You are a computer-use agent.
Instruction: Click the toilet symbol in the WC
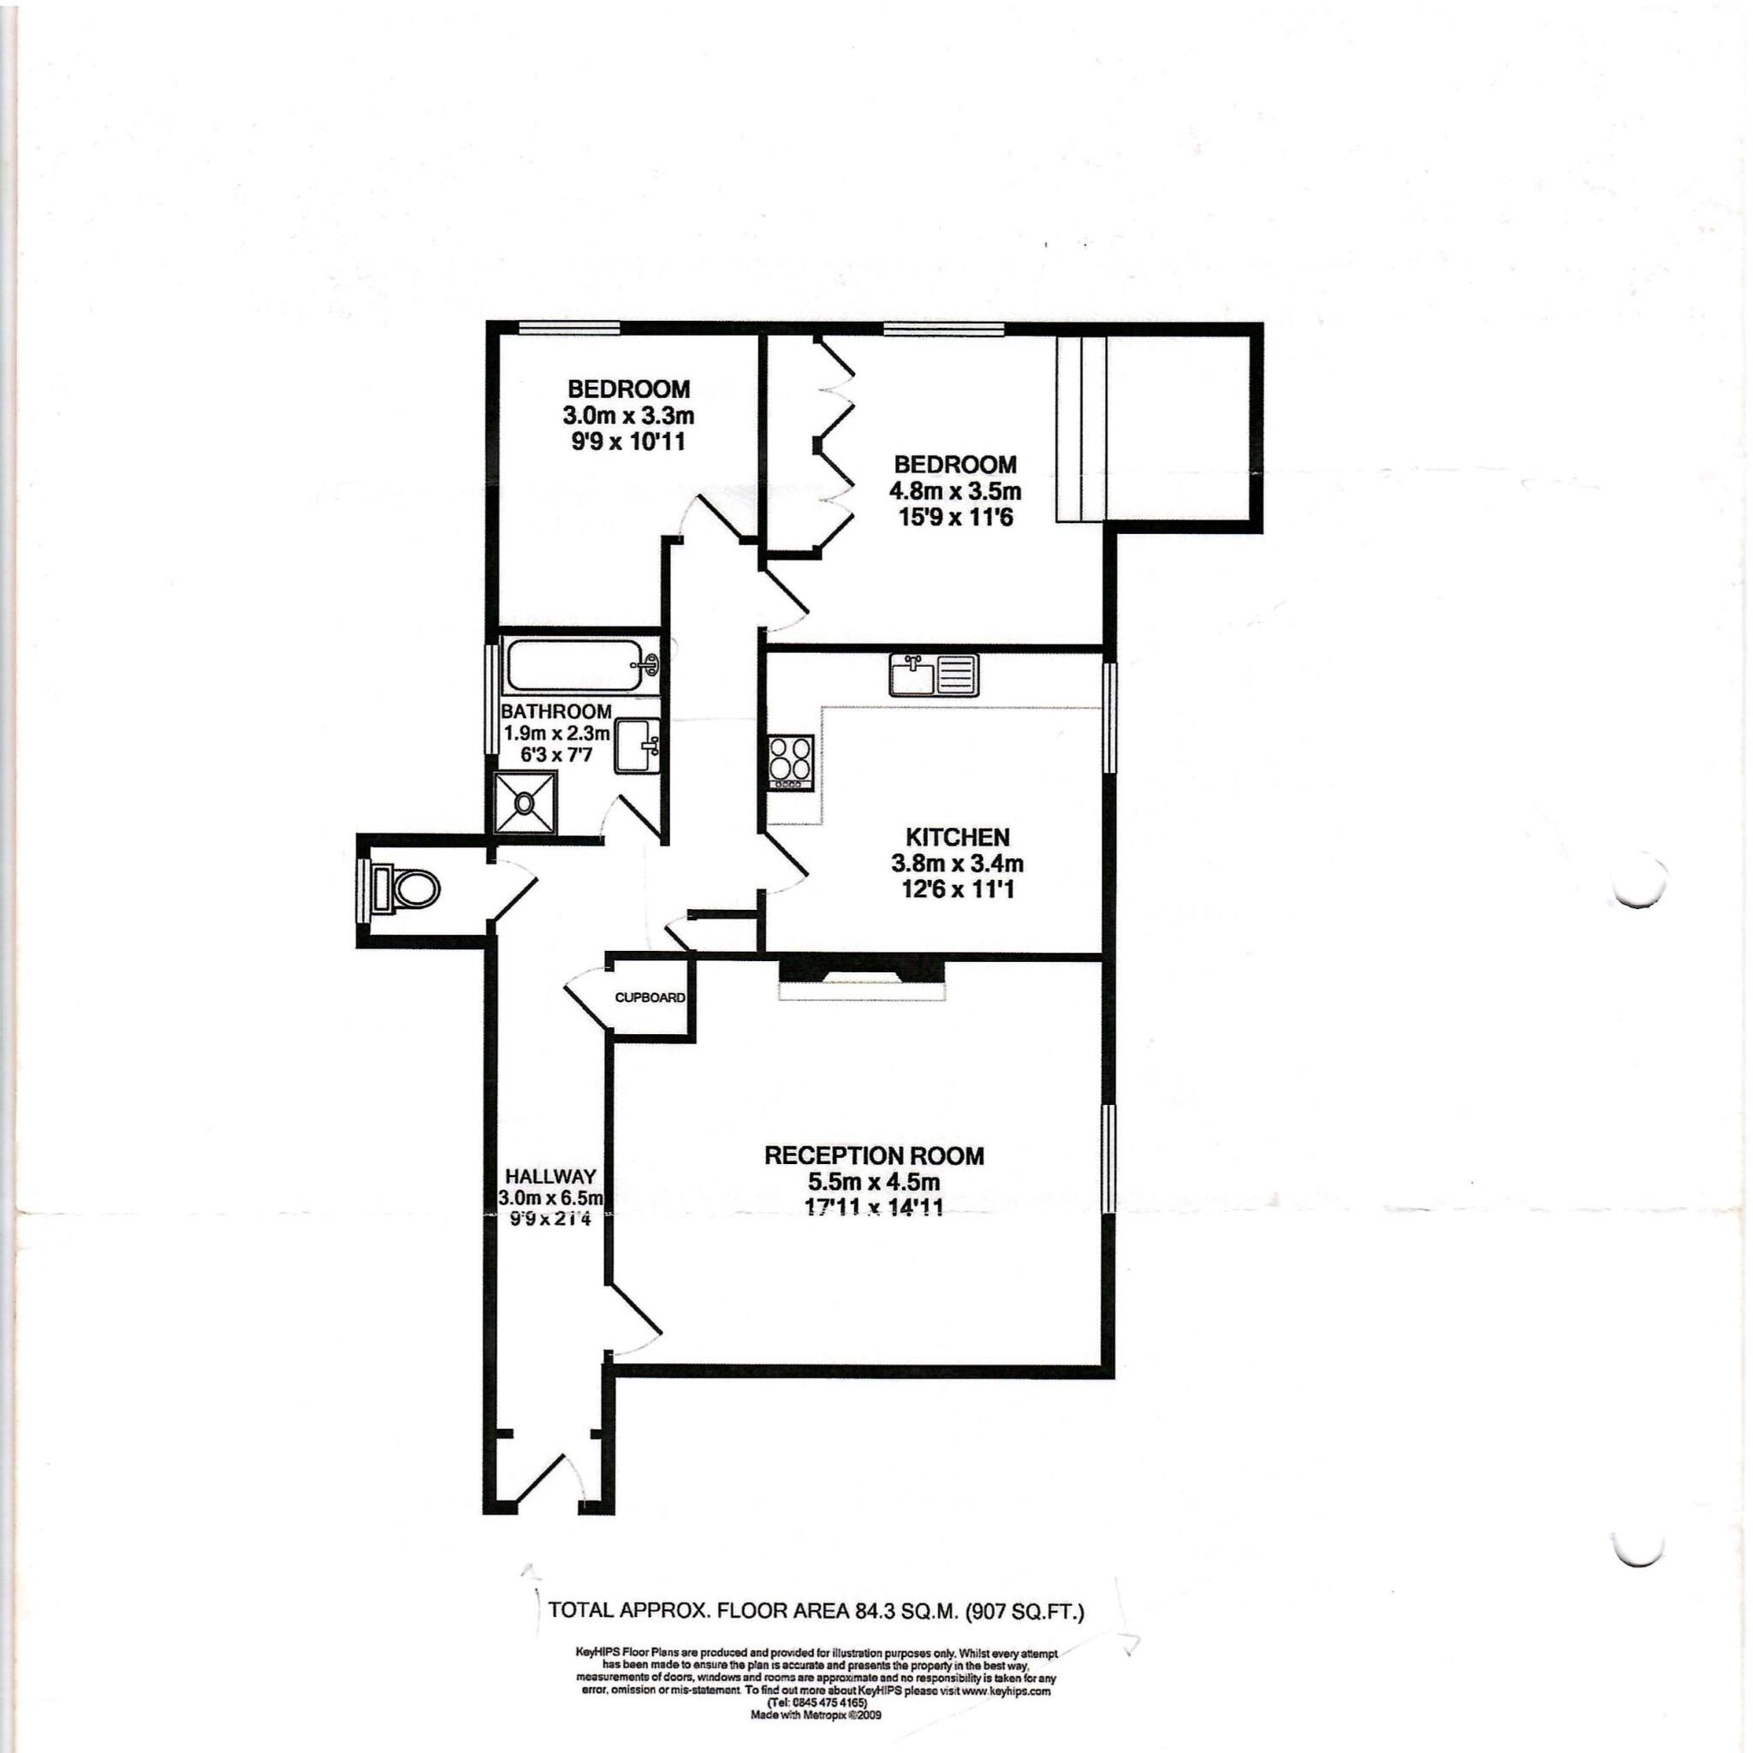(407, 888)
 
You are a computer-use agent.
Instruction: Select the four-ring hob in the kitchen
(790, 762)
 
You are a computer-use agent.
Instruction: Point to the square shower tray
(525, 802)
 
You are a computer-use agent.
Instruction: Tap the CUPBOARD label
(650, 997)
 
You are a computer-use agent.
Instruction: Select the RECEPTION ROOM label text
(874, 1155)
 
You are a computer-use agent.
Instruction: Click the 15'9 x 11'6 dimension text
(955, 518)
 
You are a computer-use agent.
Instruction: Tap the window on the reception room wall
(1108, 1159)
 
